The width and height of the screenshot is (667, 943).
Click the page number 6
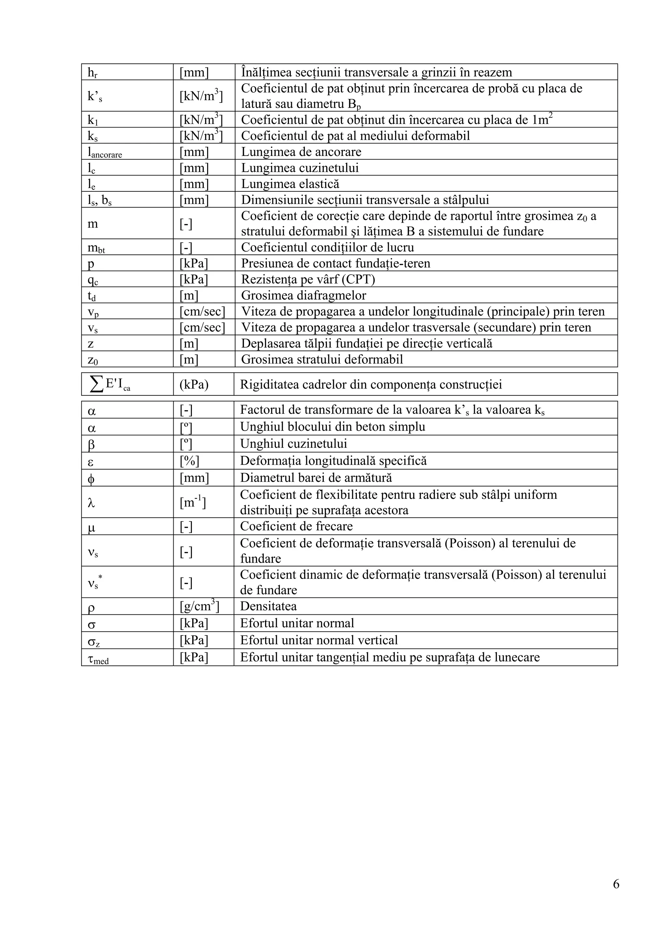pos(616,895)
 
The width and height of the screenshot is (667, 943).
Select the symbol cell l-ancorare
pos(105,152)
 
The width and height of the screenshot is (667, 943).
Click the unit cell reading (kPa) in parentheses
pos(194,384)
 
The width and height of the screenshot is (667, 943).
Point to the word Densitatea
pos(268,606)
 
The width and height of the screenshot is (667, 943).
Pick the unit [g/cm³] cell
pos(200,606)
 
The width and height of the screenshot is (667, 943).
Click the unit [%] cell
pos(190,461)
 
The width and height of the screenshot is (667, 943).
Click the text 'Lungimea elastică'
pos(290,184)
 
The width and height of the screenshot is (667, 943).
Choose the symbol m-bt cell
pos(96,248)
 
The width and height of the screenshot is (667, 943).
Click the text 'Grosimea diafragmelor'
pos(303,295)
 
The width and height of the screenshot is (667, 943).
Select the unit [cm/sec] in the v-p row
pos(202,311)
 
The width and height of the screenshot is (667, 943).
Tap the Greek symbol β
pos(91,444)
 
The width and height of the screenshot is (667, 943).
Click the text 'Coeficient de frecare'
pos(296,526)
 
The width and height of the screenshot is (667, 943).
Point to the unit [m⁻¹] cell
pos(193,502)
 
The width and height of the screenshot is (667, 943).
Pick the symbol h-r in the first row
pos(92,73)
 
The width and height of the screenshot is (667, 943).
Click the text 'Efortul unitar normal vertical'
pos(319,640)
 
